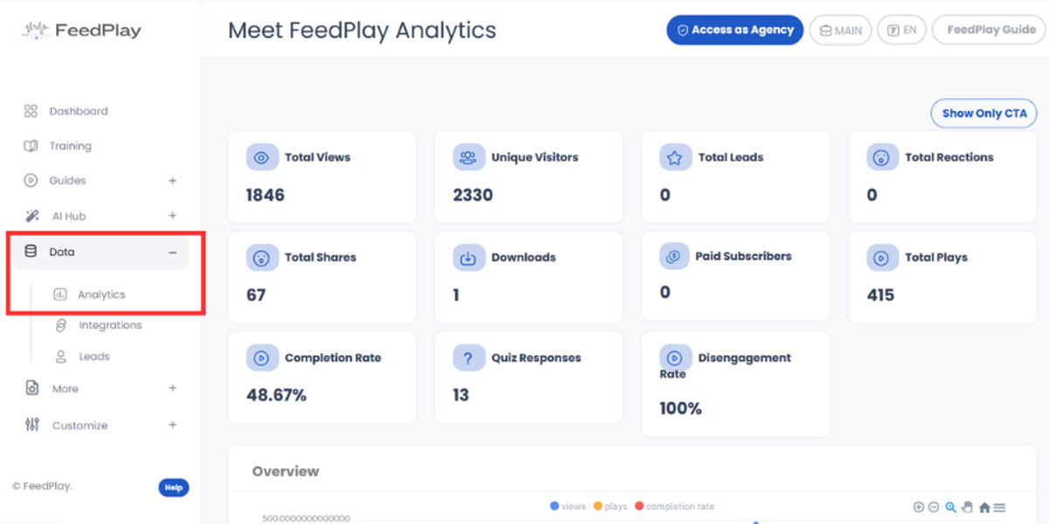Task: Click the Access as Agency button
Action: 734,30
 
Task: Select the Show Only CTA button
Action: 983,114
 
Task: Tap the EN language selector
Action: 902,30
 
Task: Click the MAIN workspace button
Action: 841,30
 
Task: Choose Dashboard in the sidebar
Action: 78,111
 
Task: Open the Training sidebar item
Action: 70,146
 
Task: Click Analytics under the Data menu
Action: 101,294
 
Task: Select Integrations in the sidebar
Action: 110,325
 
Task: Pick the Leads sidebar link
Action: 94,356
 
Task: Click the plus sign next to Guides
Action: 172,181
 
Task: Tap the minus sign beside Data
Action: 172,252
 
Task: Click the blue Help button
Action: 173,487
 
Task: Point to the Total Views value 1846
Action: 265,195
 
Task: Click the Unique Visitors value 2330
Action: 472,195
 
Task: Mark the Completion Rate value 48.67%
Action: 276,395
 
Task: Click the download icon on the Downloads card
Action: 469,258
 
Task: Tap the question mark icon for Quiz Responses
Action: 469,358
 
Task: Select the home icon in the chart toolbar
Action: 984,507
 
